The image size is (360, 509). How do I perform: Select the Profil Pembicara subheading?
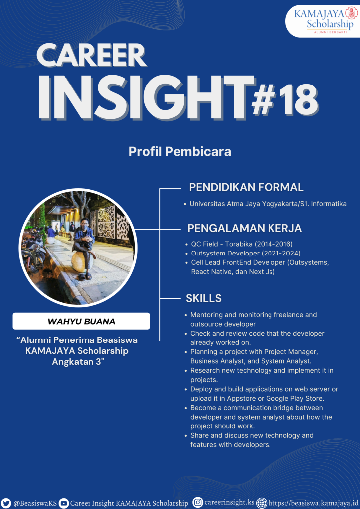[x=180, y=152]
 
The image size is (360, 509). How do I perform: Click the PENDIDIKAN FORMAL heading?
[x=247, y=187]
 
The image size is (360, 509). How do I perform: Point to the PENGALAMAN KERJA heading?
[x=245, y=228]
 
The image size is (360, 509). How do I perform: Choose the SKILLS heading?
[x=203, y=298]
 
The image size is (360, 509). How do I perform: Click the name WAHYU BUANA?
[x=81, y=322]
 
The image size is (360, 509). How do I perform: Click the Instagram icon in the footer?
[x=198, y=502]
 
